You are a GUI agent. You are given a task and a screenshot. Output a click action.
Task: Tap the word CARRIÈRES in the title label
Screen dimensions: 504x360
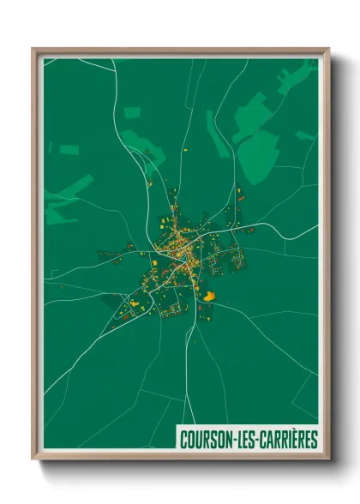pos(286,440)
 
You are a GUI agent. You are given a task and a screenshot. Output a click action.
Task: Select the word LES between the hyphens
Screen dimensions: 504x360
pos(244,440)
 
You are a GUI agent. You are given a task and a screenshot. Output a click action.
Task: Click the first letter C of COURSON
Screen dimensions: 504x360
pos(183,440)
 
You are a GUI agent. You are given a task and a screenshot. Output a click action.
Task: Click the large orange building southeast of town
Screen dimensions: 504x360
pos(209,296)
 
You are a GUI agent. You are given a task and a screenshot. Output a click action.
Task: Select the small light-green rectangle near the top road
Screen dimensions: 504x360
pos(132,112)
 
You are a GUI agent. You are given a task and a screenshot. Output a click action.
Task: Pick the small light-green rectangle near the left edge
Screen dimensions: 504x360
pos(69,150)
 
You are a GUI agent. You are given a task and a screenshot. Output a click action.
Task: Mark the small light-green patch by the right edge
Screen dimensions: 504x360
pos(305,135)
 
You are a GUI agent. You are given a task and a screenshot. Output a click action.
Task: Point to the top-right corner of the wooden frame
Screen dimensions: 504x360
pos(327,50)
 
